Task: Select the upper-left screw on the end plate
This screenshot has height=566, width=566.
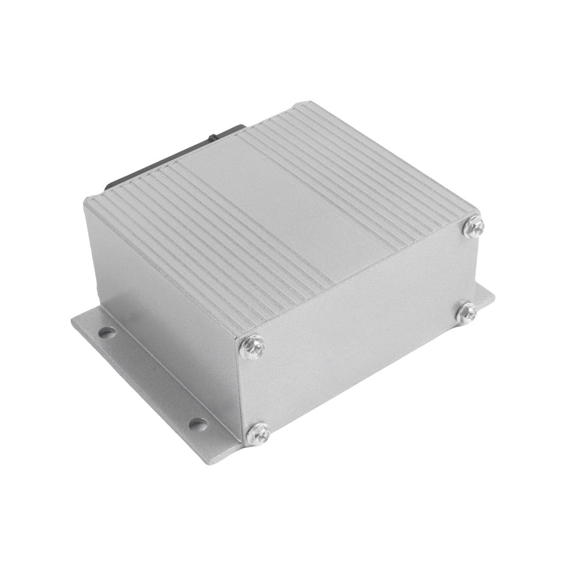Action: [x=252, y=345]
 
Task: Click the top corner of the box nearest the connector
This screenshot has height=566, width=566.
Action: [x=85, y=200]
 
